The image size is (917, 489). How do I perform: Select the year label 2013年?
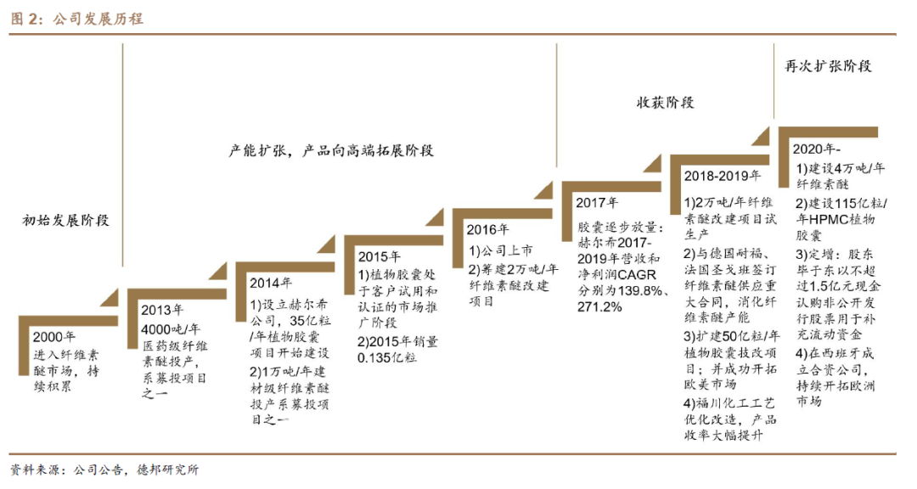click(x=161, y=310)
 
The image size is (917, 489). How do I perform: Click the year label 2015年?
click(x=379, y=256)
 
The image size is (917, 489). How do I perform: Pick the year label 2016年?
click(x=487, y=229)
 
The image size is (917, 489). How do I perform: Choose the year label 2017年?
click(x=597, y=203)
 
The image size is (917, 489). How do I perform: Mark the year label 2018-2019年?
click(x=723, y=176)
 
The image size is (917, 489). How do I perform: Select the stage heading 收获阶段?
click(x=666, y=103)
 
